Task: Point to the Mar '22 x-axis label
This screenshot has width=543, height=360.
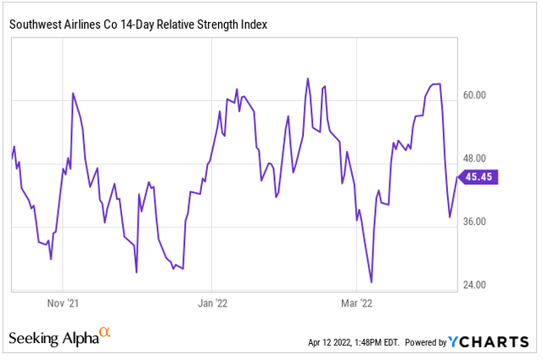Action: tap(357, 302)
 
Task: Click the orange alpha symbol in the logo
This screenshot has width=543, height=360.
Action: tap(105, 332)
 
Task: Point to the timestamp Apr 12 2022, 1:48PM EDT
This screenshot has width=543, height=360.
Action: tap(352, 343)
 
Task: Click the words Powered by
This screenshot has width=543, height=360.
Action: tap(426, 343)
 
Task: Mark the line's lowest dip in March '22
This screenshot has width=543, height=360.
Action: tap(372, 282)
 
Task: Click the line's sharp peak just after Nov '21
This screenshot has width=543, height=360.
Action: tap(73, 93)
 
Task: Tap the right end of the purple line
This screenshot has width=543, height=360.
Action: tap(458, 177)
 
